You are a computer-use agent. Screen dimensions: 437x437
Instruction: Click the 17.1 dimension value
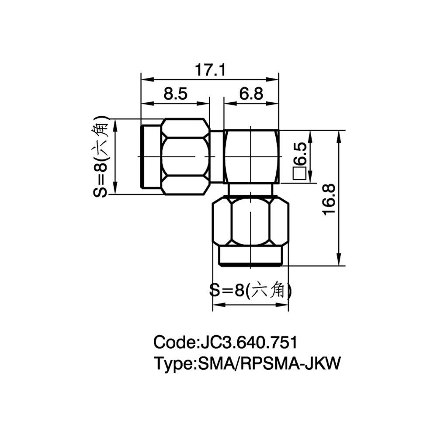tap(210, 70)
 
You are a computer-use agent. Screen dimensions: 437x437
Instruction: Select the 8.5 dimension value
tap(175, 94)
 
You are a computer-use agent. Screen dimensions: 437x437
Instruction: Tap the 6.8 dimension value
tap(251, 94)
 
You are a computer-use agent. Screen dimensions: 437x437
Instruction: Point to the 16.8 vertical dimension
tap(329, 200)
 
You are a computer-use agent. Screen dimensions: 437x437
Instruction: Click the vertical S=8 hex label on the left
tap(101, 156)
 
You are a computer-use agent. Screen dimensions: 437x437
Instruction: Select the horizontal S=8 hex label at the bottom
tap(250, 290)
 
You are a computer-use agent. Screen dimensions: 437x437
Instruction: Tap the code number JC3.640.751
tap(247, 342)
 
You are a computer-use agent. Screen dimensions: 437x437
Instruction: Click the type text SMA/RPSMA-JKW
tap(269, 364)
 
